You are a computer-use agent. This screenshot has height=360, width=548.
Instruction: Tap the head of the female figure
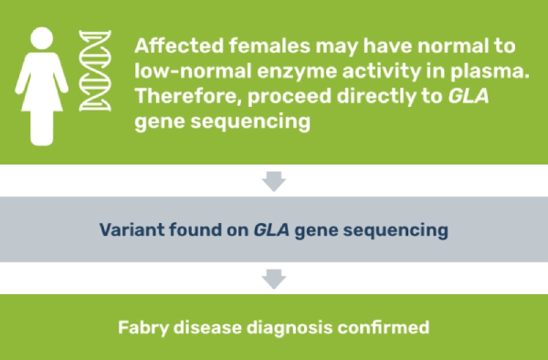click(x=40, y=41)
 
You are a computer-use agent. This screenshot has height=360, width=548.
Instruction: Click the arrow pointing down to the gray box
click(x=274, y=181)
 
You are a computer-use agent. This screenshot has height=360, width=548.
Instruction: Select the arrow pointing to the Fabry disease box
click(x=274, y=280)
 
